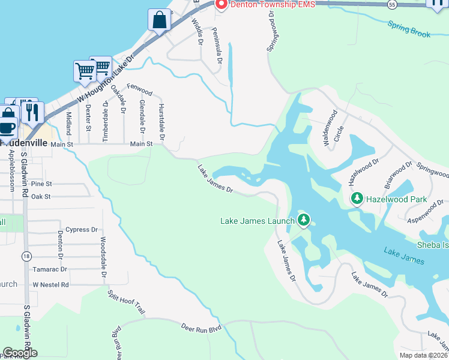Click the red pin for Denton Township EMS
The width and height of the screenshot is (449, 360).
[220, 5]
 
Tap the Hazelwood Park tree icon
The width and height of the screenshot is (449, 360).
[357, 198]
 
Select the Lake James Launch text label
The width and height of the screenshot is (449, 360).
[258, 221]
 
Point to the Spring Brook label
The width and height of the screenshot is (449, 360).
[409, 29]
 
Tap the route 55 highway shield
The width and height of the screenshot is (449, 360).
[391, 4]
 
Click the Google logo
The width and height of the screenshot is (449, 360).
[20, 353]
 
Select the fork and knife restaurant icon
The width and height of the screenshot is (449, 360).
[32, 112]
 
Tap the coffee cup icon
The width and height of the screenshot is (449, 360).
[8, 127]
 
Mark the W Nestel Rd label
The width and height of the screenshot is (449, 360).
[51, 284]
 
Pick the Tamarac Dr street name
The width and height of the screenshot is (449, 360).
[50, 269]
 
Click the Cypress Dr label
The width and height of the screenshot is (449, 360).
[82, 229]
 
